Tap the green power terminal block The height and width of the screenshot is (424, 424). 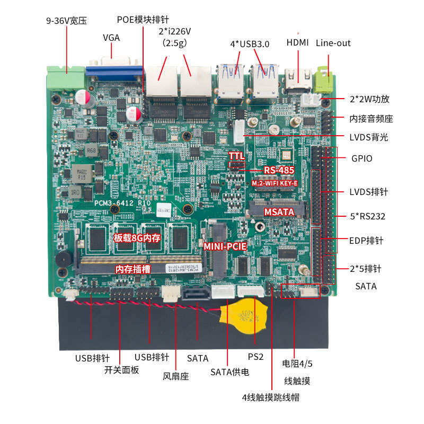point(65,77)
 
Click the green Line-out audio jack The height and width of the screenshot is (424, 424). point(323,81)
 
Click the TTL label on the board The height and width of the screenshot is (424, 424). point(236,156)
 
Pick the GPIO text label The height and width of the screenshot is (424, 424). point(362,158)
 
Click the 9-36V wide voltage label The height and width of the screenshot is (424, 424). point(66,21)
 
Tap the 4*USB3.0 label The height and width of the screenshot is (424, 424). point(250,45)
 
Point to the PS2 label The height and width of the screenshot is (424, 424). point(255,357)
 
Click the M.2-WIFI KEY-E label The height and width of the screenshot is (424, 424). point(274,183)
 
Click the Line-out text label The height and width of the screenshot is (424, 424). point(333,43)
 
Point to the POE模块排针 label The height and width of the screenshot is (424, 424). point(143,20)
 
